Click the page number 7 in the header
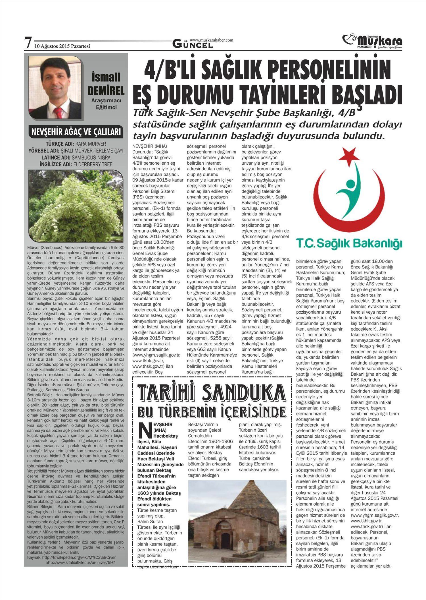[x=28, y=43]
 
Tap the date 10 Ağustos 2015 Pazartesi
[x=62, y=46]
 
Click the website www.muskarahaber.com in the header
[x=211, y=40]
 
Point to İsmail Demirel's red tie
[x=59, y=112]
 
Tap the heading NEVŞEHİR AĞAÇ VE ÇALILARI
[x=76, y=132]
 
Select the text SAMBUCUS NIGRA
[x=91, y=158]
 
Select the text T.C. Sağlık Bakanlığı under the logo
[x=349, y=243]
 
